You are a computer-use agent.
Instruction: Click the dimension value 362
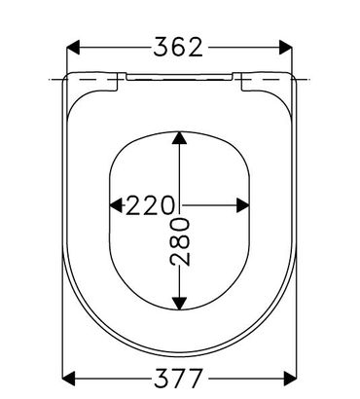pos(178,48)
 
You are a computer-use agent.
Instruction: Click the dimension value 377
pos(178,379)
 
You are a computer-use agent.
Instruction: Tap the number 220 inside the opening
pos(150,205)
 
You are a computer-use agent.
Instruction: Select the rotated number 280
pos(180,241)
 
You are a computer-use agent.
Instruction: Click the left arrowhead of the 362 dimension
pos(73,48)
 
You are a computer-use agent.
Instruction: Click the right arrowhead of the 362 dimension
pos(285,48)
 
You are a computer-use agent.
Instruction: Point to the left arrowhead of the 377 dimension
pos(68,379)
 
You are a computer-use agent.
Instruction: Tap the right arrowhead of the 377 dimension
pos(290,379)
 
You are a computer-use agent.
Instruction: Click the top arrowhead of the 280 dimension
pos(179,137)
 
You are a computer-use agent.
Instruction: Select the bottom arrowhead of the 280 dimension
pos(179,304)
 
